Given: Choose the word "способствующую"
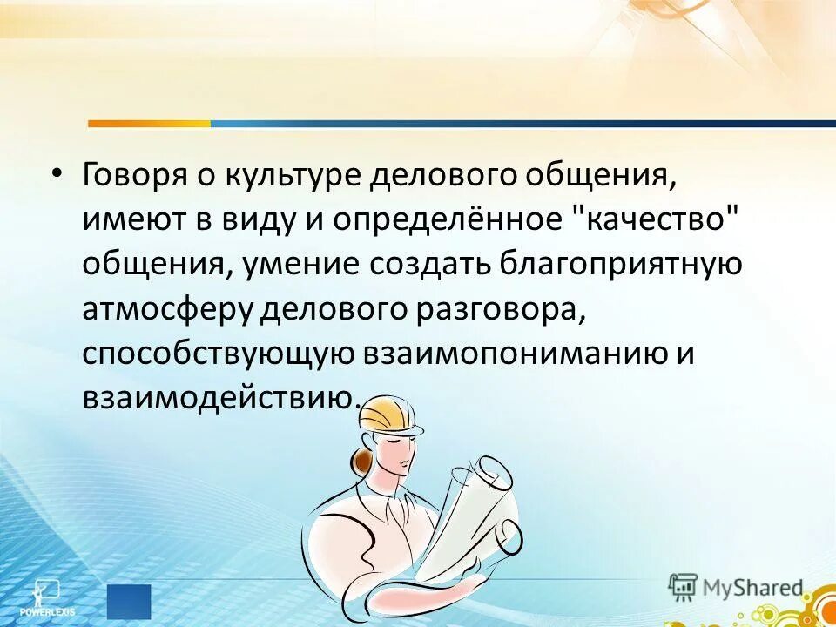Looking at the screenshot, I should [218, 354].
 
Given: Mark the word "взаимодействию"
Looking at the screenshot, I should [219, 398].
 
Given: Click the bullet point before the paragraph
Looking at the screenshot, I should [57, 175].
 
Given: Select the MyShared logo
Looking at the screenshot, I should [738, 586].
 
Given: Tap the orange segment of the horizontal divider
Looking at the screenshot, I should [149, 124].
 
